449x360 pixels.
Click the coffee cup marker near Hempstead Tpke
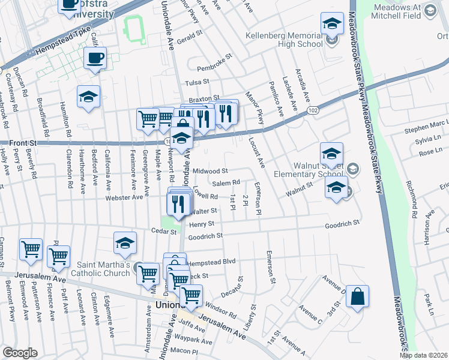95,59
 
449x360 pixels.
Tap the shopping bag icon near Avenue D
357,296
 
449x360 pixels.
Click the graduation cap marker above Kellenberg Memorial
332,25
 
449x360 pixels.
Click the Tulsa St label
196,82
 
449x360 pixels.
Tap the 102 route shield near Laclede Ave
313,110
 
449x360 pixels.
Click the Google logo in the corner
20,353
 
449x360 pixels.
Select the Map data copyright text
423,355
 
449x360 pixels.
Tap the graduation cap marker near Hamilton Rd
89,97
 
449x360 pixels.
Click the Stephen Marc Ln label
426,127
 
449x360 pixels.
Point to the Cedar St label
162,230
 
